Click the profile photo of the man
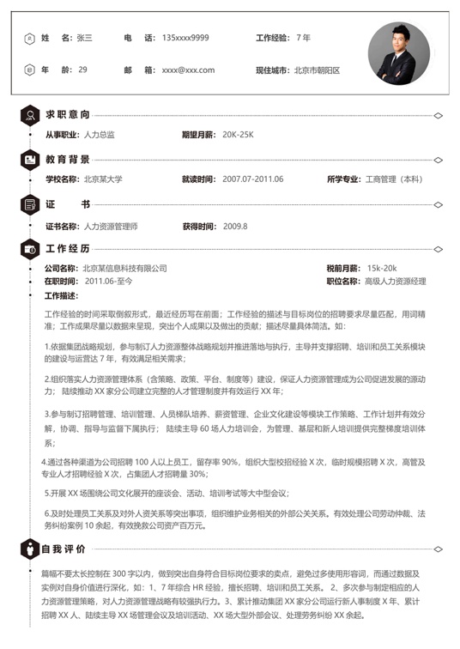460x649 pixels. point(399,53)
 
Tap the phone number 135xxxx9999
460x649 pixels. point(185,39)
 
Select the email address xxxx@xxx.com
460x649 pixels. point(188,70)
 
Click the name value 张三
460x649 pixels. point(84,39)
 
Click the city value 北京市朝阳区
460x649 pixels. point(318,70)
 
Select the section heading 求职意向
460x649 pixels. point(68,114)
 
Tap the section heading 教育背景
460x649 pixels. point(68,159)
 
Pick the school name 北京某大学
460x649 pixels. point(103,179)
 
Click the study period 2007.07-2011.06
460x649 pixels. point(252,179)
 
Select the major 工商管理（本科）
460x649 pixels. point(394,179)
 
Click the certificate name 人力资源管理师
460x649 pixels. point(111,226)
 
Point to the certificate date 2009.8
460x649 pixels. point(234,226)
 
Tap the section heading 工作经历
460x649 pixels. point(68,248)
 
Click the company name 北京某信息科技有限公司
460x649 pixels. point(125,268)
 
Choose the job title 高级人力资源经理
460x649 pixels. point(396,281)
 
